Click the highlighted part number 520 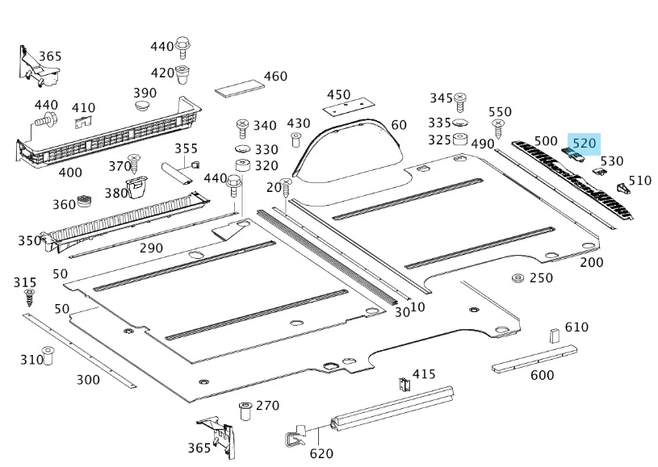pyautogui.click(x=584, y=144)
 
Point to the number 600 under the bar pyautogui.click(x=542, y=375)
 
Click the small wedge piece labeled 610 pyautogui.click(x=555, y=336)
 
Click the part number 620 pyautogui.click(x=321, y=453)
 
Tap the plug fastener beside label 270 pyautogui.click(x=244, y=411)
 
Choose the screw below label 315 pyautogui.click(x=31, y=299)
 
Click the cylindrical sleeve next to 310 pyautogui.click(x=48, y=355)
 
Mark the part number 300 pyautogui.click(x=88, y=380)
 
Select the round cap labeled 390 pyautogui.click(x=145, y=107)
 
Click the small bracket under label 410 pyautogui.click(x=84, y=122)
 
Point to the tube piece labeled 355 pyautogui.click(x=177, y=173)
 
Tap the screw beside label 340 pyautogui.click(x=241, y=127)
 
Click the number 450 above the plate pyautogui.click(x=338, y=95)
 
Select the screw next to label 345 pyautogui.click(x=461, y=102)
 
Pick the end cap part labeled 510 pyautogui.click(x=622, y=188)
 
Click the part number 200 pyautogui.click(x=591, y=262)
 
